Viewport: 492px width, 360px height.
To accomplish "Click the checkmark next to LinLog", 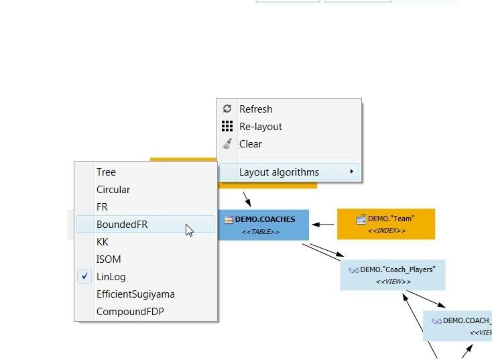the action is click(x=84, y=276).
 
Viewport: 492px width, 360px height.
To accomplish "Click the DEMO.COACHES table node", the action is click(x=263, y=225).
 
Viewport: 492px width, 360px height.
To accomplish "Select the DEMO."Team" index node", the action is click(x=386, y=224).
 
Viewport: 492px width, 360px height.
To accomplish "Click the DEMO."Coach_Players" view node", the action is click(x=393, y=275).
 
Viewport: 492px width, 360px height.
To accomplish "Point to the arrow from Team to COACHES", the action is click(x=323, y=225).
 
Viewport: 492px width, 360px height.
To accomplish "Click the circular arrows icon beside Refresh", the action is click(x=227, y=109).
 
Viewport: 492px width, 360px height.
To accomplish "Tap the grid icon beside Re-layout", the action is click(x=227, y=126).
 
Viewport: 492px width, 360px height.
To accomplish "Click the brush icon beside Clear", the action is click(x=227, y=143).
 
